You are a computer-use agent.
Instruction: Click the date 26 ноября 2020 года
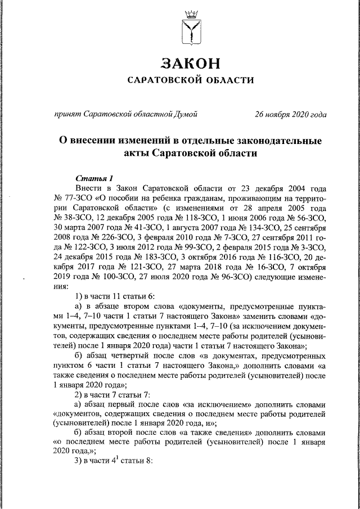pos(290,114)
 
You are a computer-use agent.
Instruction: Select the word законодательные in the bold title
pos(272,141)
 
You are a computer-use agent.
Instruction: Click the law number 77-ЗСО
pos(74,198)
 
